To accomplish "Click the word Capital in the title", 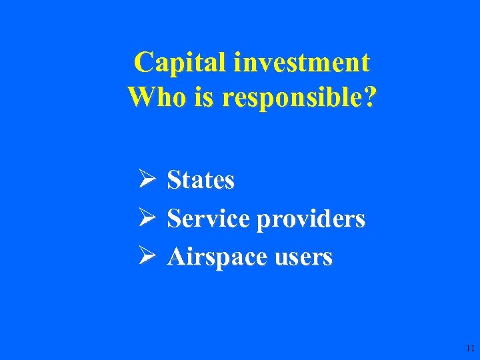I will coord(179,63).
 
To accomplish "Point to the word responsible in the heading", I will coord(290,99).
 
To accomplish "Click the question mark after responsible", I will coord(369,97).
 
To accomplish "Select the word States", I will coord(201,180).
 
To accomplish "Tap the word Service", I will coord(208,219).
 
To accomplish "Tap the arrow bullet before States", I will coord(147,179).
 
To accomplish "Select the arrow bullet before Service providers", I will coord(147,218).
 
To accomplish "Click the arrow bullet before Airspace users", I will coord(147,257).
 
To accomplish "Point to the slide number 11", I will coord(471,349).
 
